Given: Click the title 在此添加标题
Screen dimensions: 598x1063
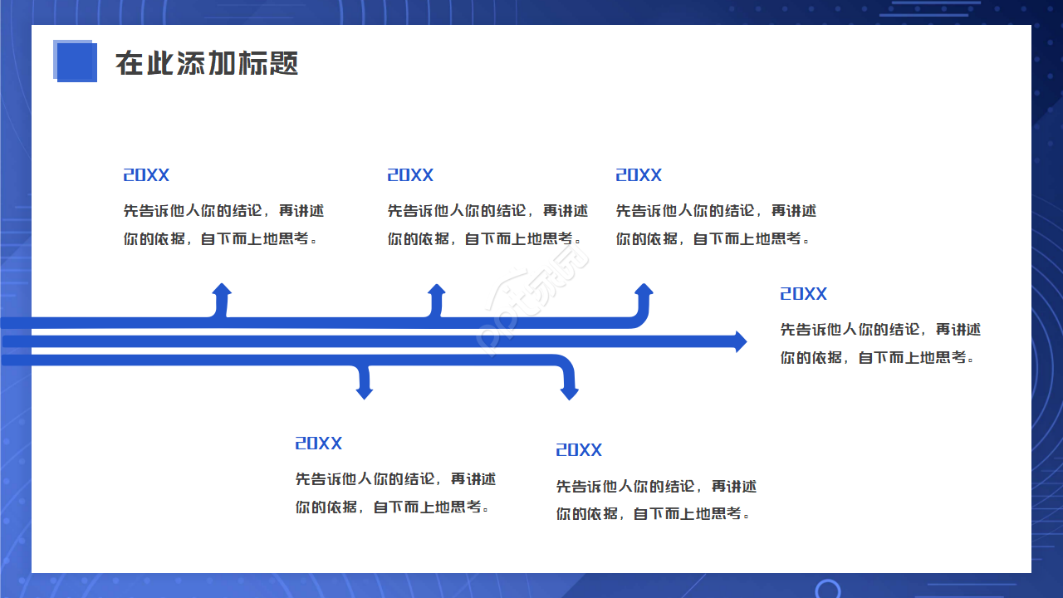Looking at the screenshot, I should pos(207,63).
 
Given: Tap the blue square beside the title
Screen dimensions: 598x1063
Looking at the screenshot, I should pos(76,61).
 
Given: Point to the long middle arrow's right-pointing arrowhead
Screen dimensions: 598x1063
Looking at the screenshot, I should pos(739,341).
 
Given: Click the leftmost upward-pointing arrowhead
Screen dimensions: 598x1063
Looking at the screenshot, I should pos(222,290).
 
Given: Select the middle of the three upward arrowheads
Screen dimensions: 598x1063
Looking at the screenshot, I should pos(437,290).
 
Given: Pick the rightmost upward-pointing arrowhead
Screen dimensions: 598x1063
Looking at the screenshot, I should pos(644,290).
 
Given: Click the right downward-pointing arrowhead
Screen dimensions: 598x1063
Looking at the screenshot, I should pos(569,392).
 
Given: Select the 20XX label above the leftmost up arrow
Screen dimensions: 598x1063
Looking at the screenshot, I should pos(146,175).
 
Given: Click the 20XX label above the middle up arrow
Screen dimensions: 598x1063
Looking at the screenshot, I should pos(410,175).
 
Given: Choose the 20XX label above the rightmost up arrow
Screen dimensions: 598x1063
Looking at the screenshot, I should pos(639,175).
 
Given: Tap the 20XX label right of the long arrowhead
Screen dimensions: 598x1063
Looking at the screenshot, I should pos(803,294).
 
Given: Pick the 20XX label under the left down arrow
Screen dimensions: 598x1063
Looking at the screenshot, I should pos(319,444).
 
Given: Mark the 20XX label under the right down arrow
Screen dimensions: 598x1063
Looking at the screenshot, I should pos(579,450).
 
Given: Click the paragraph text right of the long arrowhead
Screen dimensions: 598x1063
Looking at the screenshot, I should pos(879,344).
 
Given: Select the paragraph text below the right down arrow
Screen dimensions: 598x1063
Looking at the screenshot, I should pos(655,500).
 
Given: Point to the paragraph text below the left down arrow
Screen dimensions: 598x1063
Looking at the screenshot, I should pos(394,493).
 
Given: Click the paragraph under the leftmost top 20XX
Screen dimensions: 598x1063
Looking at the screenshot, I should pos(223,225).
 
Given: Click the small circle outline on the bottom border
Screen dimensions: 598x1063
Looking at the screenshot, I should pos(828,590).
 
